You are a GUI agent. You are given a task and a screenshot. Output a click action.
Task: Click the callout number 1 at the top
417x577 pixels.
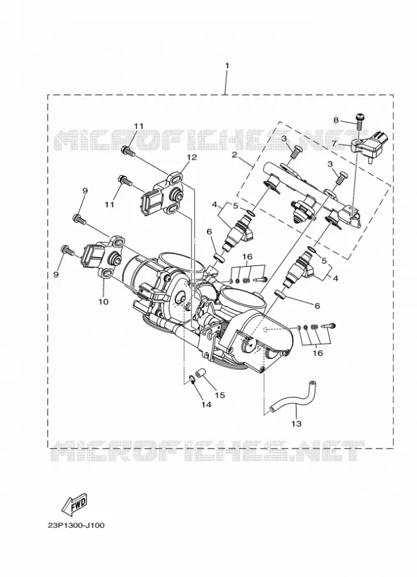coord(227,65)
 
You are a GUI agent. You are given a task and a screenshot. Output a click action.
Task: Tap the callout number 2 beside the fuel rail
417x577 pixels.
coord(234,155)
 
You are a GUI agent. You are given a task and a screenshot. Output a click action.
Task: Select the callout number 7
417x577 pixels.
coord(334,143)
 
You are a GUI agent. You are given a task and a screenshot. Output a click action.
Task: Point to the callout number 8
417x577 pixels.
coord(336,120)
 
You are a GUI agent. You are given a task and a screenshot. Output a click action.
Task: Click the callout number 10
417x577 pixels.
coord(103,301)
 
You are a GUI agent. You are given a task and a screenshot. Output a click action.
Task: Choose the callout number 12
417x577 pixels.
coord(192,157)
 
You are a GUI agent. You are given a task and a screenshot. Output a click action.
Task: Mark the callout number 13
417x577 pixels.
coord(297,423)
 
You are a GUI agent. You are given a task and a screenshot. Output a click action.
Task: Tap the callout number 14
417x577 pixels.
coord(206,405)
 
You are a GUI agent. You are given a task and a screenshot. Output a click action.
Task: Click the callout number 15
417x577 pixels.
coord(220,395)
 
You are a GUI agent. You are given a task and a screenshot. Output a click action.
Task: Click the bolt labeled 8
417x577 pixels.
coord(359,121)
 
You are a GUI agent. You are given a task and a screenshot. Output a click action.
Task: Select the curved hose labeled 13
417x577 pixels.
coord(291,399)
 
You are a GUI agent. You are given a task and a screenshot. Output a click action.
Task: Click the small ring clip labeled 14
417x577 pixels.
coord(191,379)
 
